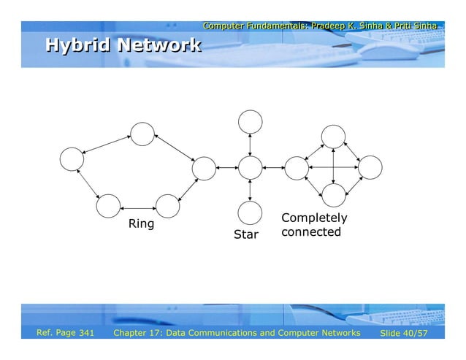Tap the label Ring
click(x=141, y=223)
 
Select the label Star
click(x=245, y=235)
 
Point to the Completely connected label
click(x=313, y=225)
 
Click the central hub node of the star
click(x=250, y=168)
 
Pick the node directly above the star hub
click(x=250, y=122)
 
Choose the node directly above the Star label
click(x=250, y=212)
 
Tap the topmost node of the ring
click(x=142, y=133)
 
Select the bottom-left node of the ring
click(x=108, y=207)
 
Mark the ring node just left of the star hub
click(x=204, y=168)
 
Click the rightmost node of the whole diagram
click(x=370, y=168)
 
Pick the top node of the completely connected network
click(x=333, y=136)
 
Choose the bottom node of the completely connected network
click(x=333, y=195)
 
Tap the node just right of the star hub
click(x=297, y=168)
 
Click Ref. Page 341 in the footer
click(x=66, y=334)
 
